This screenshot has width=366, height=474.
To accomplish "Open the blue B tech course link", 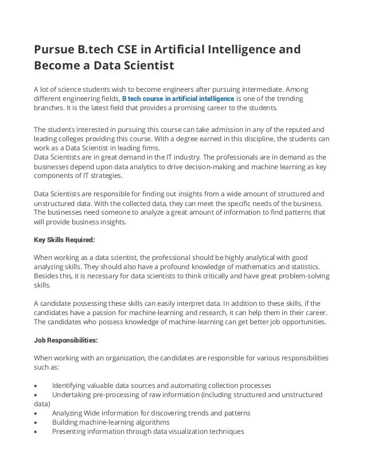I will (x=178, y=99).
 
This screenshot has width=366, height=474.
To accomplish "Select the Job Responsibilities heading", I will (x=66, y=340).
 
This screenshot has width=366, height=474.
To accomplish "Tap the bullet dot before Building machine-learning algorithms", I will (x=37, y=422).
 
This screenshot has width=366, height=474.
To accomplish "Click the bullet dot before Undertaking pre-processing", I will (x=37, y=394).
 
